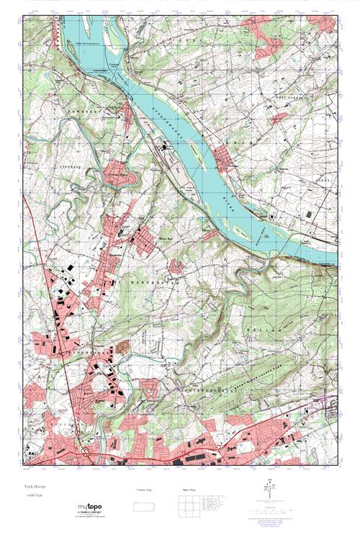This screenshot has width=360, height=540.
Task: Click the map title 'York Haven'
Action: coord(33,487)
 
